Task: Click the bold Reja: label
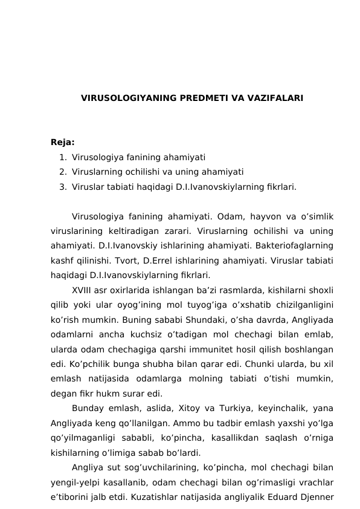pyautogui.click(x=63, y=143)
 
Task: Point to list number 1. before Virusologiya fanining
pyautogui.click(x=63, y=157)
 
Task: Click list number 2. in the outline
pyautogui.click(x=63, y=172)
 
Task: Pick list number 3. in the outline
pyautogui.click(x=63, y=187)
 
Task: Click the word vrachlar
pyautogui.click(x=314, y=481)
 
